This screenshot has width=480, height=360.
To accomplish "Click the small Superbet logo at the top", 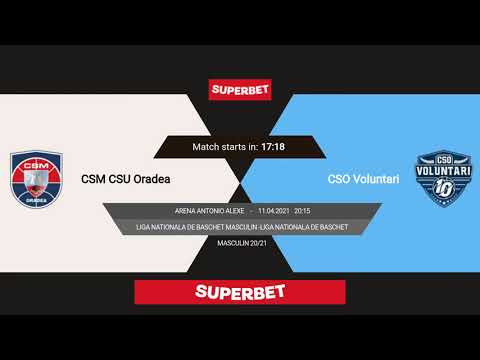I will point(240,89).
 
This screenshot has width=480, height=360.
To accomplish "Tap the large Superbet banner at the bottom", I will point(240,292).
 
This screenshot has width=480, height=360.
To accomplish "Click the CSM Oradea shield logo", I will point(36,179).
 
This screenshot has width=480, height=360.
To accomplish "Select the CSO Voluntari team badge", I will point(443,178).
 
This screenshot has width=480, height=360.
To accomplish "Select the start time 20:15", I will point(302,212).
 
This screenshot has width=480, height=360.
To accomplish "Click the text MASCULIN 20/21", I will point(240,243).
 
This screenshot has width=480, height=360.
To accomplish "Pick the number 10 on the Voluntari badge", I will point(443,190).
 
